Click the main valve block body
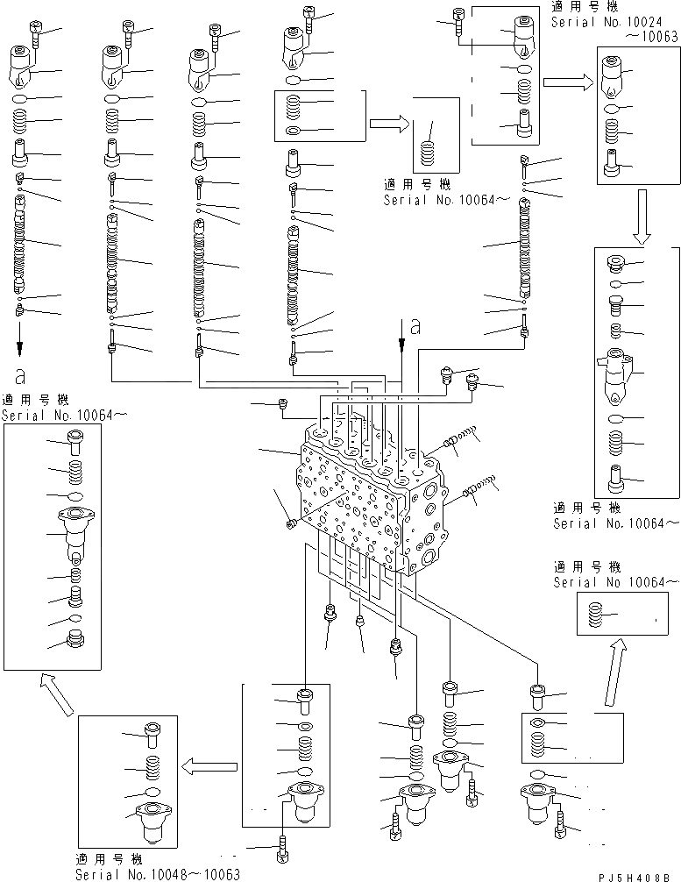pos(368,500)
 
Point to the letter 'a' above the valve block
pos(415,328)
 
